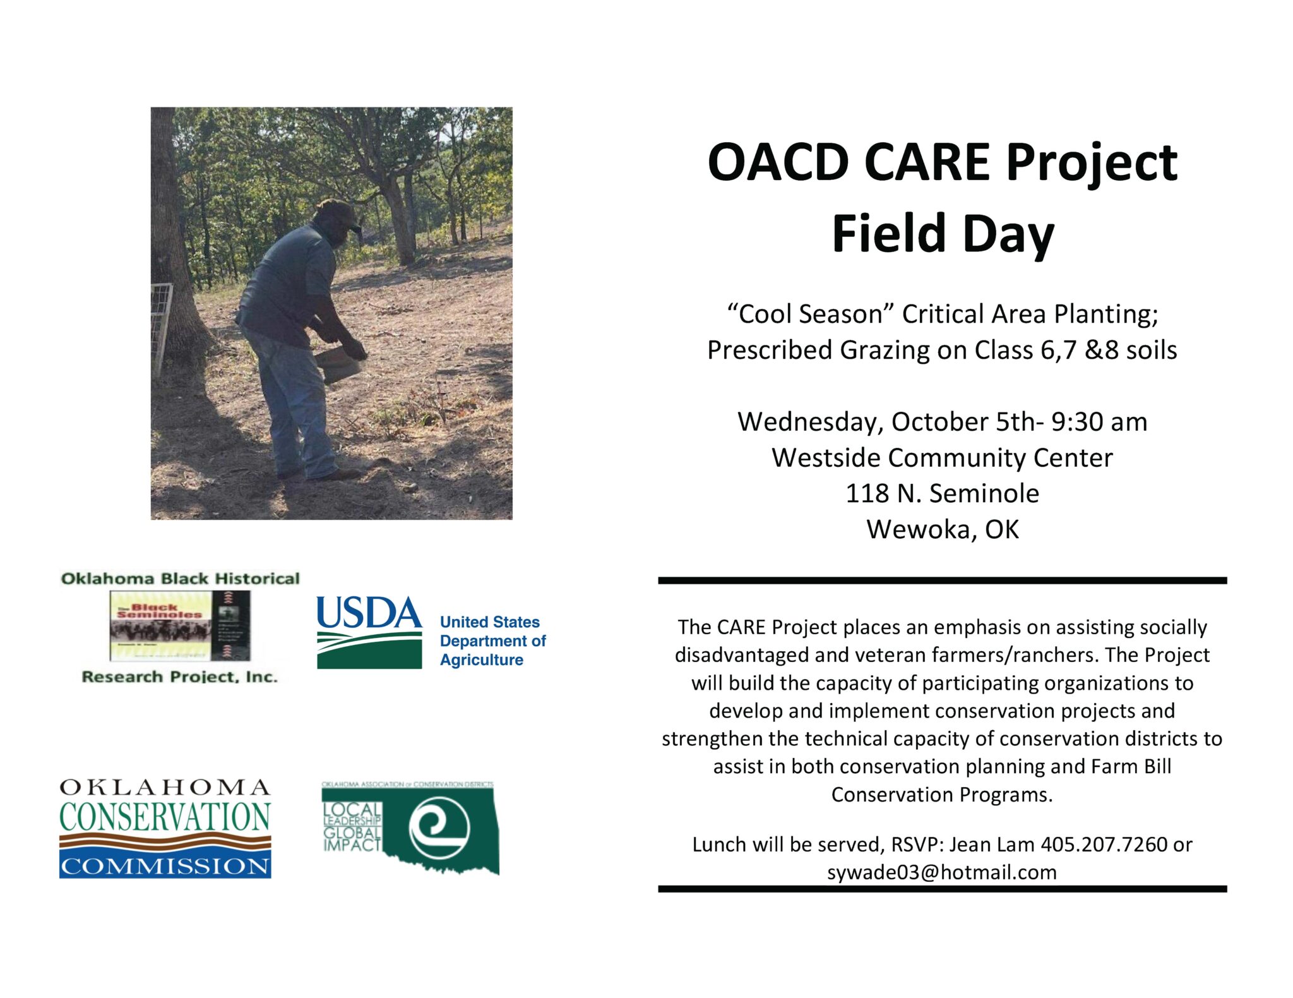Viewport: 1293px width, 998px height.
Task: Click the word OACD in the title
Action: click(x=778, y=162)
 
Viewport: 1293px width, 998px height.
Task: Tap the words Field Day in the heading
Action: click(x=942, y=234)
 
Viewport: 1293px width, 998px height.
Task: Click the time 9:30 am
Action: click(x=1099, y=422)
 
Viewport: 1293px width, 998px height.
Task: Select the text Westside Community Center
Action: click(x=942, y=458)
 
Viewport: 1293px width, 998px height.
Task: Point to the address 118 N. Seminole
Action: click(x=942, y=493)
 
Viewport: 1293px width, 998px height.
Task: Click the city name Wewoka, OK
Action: click(x=942, y=529)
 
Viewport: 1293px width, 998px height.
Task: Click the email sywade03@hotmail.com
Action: click(x=941, y=872)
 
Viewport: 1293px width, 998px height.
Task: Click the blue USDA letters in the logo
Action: click(x=369, y=613)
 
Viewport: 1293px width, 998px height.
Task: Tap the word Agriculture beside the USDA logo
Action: click(x=482, y=660)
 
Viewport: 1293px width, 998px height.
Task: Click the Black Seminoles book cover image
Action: click(x=180, y=626)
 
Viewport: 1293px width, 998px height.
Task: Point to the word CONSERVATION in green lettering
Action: click(x=165, y=817)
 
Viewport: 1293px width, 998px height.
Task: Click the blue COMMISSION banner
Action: click(x=165, y=865)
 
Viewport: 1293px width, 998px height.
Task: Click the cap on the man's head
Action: click(x=337, y=212)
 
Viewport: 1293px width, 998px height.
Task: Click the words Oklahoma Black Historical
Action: click(x=180, y=579)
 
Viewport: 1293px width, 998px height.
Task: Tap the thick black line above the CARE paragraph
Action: click(x=942, y=580)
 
